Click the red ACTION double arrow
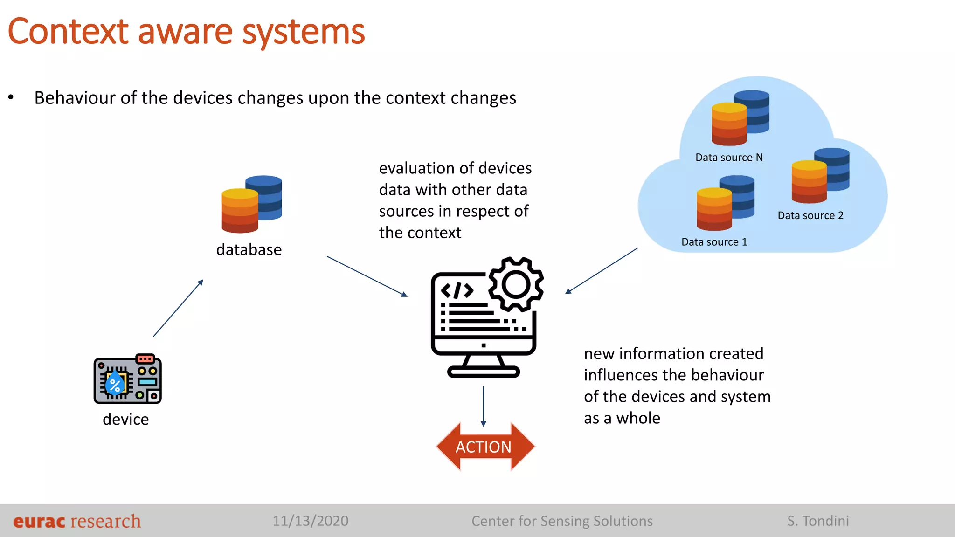pos(485,447)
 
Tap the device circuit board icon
pos(127,379)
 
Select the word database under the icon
pos(249,250)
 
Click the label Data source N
pos(729,158)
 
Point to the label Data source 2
pos(810,215)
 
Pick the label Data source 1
pos(714,242)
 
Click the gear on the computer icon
pos(516,284)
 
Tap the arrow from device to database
pos(178,308)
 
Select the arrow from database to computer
pos(367,276)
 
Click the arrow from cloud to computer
pos(602,271)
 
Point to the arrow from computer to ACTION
pos(483,406)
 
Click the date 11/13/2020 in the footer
pos(311,521)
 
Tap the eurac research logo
pos(77,521)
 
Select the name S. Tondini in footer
pos(818,521)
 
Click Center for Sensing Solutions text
pos(562,521)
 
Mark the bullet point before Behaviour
pos(11,98)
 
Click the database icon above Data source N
pos(740,117)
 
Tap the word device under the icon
pos(125,419)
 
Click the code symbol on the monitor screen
pos(457,290)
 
